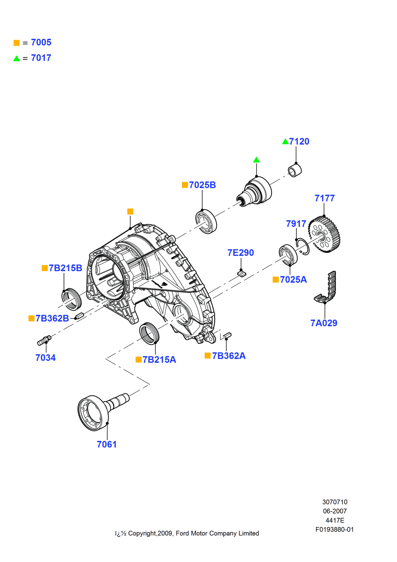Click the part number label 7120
click(x=299, y=142)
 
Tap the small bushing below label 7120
click(x=295, y=171)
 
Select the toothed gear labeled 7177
click(x=325, y=234)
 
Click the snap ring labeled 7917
click(x=303, y=247)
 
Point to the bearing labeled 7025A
click(x=288, y=255)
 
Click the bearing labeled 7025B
click(x=206, y=221)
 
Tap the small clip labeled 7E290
click(x=241, y=273)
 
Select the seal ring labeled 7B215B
click(x=72, y=299)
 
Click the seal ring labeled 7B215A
click(x=149, y=333)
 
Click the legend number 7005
click(x=41, y=42)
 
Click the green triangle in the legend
click(x=17, y=58)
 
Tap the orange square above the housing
click(x=130, y=211)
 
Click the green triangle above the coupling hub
click(x=256, y=160)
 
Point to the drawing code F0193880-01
click(x=334, y=530)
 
